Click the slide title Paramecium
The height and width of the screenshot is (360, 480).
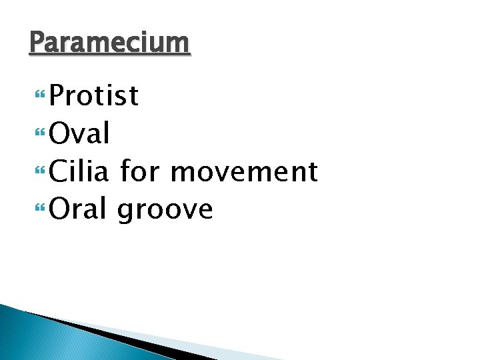[x=110, y=43]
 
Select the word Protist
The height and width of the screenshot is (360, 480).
[x=94, y=96]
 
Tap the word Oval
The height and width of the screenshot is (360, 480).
[x=80, y=134]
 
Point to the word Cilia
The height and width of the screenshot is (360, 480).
[x=79, y=172]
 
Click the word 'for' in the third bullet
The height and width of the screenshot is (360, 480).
[x=139, y=172]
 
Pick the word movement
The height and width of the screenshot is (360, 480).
[x=243, y=172]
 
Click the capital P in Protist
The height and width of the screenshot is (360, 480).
[x=58, y=96]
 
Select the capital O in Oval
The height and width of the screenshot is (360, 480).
[x=60, y=134]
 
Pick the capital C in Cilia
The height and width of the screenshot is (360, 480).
[x=60, y=172]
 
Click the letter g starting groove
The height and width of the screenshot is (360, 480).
[x=125, y=213]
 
